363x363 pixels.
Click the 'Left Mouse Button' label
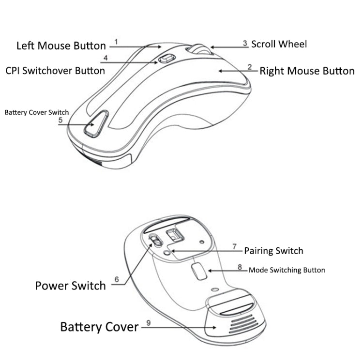tap(61, 46)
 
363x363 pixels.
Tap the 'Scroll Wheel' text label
tap(278, 44)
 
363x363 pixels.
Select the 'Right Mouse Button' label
tap(307, 71)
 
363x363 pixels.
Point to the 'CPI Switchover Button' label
tap(55, 71)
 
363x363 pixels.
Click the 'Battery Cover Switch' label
tap(37, 112)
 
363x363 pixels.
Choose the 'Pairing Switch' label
tap(273, 251)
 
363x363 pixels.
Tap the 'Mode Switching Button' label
tap(287, 270)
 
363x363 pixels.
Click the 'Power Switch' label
tap(70, 286)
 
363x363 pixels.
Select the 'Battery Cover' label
tap(99, 327)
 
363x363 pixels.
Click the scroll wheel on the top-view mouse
tap(198, 49)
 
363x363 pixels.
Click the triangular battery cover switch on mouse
tap(94, 124)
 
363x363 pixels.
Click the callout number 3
tap(245, 44)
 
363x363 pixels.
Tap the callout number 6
tap(117, 280)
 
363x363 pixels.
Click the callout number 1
tap(116, 42)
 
